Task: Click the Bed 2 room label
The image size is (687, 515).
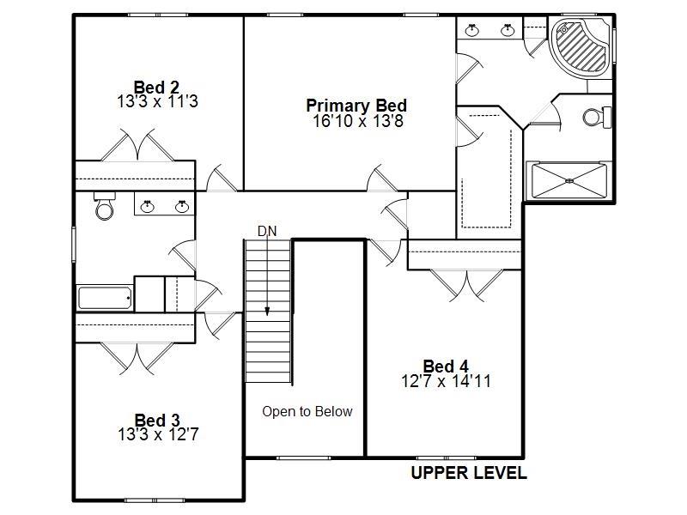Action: coord(156,87)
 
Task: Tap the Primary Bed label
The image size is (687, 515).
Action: coord(356,106)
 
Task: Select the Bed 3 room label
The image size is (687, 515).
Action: coord(157,420)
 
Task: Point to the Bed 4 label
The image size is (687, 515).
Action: coord(446,367)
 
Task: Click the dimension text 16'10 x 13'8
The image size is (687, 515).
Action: coord(357,121)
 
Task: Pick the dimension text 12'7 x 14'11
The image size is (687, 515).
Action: coord(446,381)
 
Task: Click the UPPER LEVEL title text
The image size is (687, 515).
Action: coord(468,473)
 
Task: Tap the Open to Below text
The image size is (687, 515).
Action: coord(307,411)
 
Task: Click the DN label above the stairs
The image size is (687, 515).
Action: coord(266,231)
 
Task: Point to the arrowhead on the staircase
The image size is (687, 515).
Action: coord(267,312)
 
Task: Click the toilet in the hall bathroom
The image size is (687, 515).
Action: coord(105,207)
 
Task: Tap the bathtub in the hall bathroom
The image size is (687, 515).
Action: coord(105,298)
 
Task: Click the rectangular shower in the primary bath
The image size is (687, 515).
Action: coord(570,180)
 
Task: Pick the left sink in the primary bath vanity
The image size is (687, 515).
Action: coord(472,30)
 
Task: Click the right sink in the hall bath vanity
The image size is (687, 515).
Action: coord(181,205)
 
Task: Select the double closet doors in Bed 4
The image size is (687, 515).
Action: coord(465,284)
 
